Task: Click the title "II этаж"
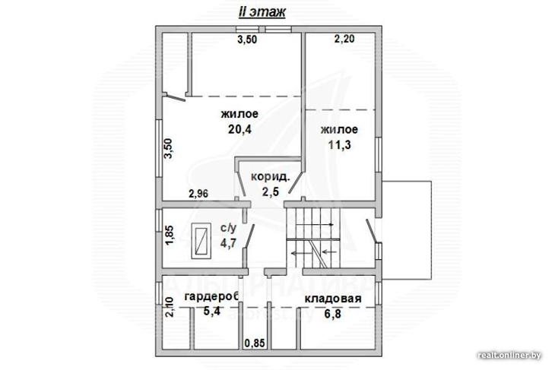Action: pos(262,12)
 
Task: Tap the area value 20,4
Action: pos(239,130)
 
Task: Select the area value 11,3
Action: pos(339,145)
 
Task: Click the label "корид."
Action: pos(270,176)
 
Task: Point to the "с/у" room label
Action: pos(228,229)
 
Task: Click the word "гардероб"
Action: pos(211,297)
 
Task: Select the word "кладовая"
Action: pos(333,299)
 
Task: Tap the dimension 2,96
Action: pos(198,194)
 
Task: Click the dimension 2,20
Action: pos(344,39)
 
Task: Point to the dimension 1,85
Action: pos(170,236)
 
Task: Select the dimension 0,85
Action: pos(255,343)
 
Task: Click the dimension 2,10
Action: pos(170,307)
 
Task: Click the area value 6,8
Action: pos(333,314)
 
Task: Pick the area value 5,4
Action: pos(211,312)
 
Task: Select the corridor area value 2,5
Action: pos(271,191)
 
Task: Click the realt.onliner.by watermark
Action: pos(509,355)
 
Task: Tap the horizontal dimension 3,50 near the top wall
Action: pos(247,40)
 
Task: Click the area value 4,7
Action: pos(228,243)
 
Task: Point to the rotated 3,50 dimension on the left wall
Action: pos(169,149)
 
